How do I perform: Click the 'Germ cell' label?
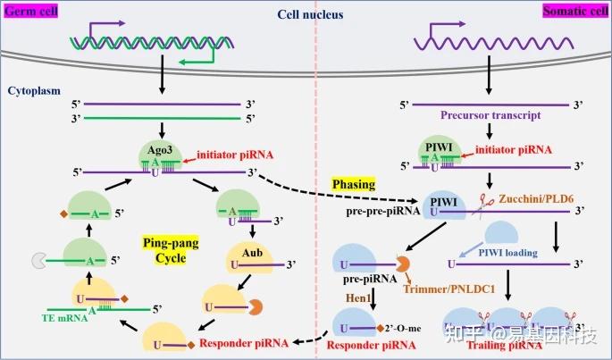30,11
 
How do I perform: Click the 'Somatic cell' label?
575,11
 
